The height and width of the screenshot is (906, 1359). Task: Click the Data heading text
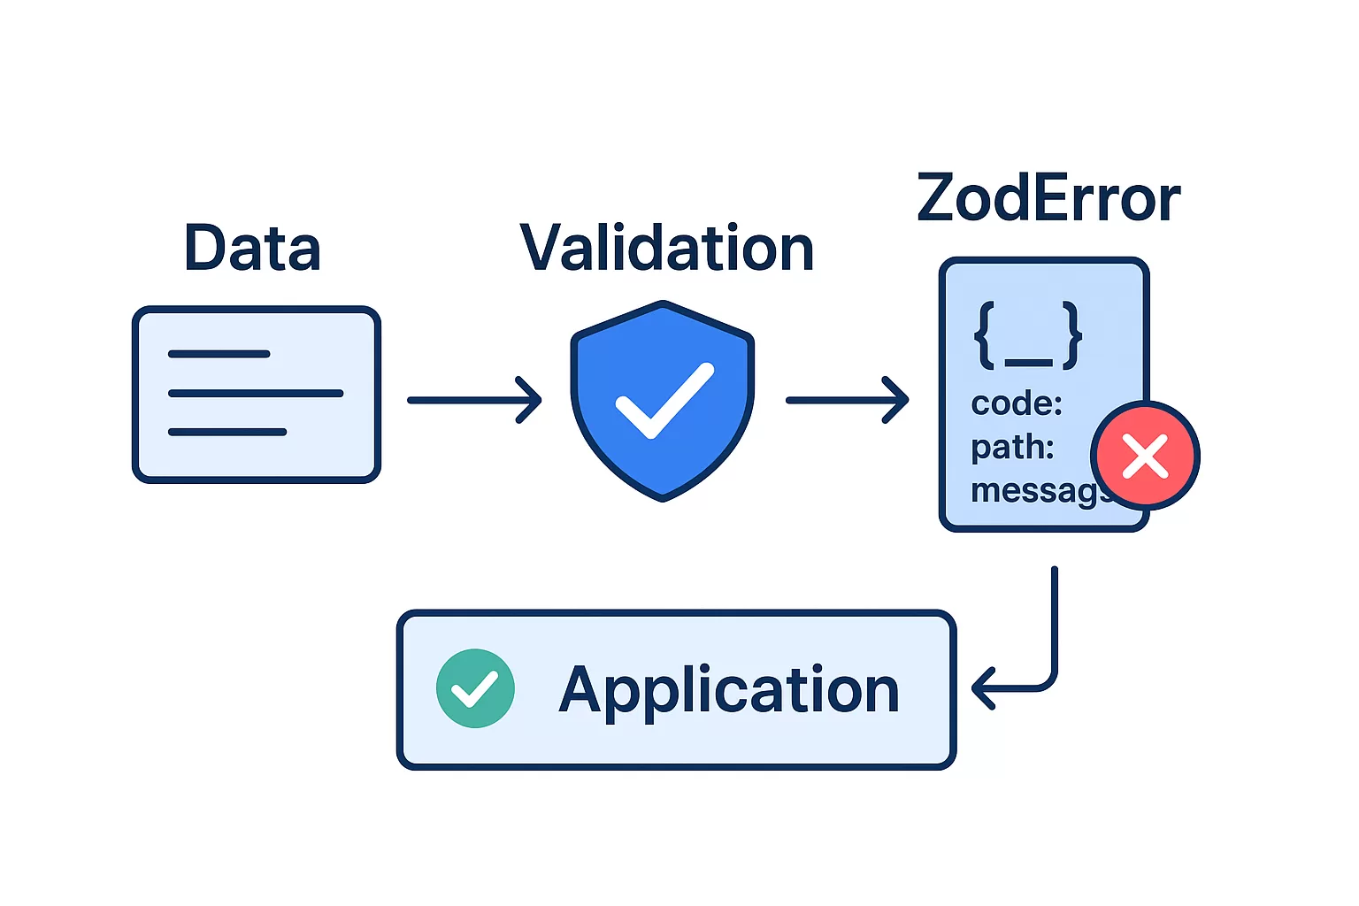[252, 248]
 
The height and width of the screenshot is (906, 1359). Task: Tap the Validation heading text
[666, 248]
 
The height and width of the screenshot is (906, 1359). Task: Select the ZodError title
[1048, 198]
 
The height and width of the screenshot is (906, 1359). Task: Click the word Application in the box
[729, 689]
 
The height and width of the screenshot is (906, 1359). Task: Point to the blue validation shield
[663, 354]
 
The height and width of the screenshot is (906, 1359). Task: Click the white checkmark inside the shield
[664, 401]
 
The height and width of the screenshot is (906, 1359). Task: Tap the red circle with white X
[1145, 457]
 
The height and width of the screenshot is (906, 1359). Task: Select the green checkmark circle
[475, 688]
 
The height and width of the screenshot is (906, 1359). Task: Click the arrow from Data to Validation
[474, 400]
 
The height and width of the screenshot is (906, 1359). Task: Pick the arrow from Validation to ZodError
[847, 400]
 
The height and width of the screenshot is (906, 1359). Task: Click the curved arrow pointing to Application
[1044, 655]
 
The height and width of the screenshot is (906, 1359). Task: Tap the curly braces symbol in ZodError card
[1027, 335]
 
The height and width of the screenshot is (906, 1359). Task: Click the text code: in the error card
[1017, 403]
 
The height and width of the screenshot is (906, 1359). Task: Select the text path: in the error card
[1012, 447]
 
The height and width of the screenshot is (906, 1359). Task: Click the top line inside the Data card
[219, 354]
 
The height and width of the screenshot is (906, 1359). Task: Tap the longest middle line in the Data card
[255, 393]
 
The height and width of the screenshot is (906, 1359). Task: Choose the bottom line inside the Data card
[227, 432]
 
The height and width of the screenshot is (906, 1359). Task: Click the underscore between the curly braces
[1028, 361]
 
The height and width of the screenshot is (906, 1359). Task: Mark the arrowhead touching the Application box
[982, 688]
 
